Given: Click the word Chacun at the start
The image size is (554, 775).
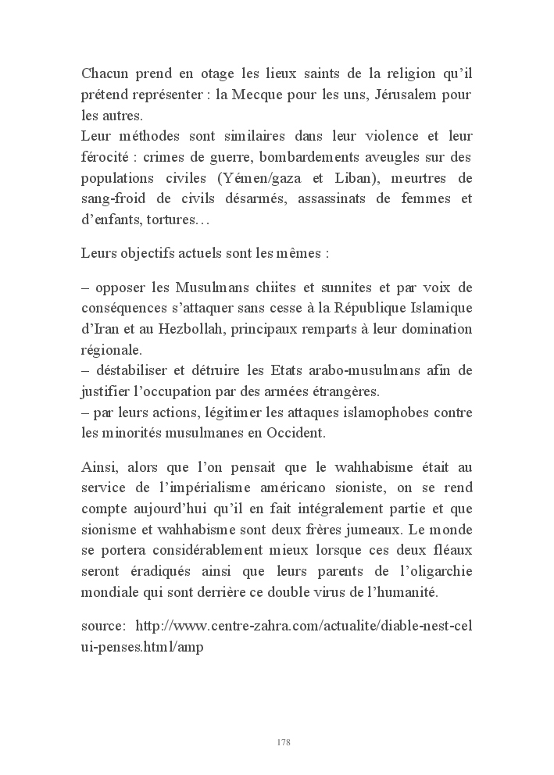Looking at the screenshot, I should point(105,74).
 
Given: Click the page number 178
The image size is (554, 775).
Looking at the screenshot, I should point(284,741).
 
